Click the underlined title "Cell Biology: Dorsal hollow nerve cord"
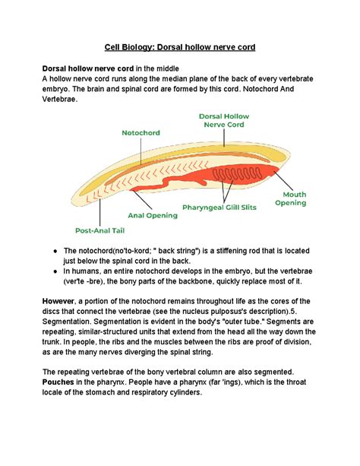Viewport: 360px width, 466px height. point(180,47)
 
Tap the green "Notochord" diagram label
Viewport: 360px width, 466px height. point(142,132)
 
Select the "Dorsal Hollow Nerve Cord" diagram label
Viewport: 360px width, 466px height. point(223,120)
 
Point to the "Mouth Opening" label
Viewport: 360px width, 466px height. point(290,198)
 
